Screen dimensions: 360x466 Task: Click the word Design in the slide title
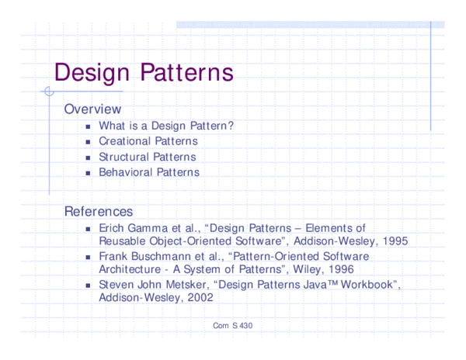(93, 72)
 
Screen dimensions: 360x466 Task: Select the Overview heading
(92, 109)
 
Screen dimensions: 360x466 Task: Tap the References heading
(98, 211)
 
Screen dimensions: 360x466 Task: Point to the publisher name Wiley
(304, 269)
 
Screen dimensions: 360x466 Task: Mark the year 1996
(339, 269)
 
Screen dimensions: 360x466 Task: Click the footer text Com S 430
(232, 325)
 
